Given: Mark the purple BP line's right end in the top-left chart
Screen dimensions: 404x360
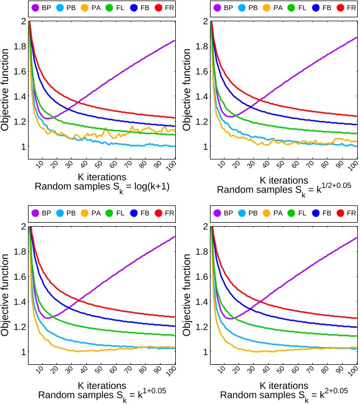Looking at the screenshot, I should click(x=175, y=40).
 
